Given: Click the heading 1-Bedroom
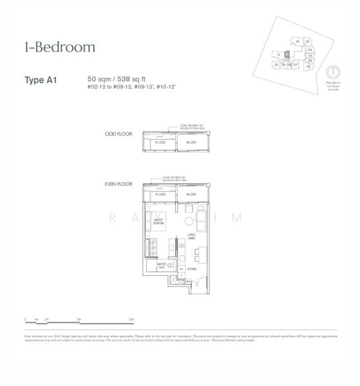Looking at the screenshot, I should [60, 47].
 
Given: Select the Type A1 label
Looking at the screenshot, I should [41, 80].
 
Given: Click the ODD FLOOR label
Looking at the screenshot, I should [118, 134].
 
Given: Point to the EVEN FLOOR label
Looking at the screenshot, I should [118, 184].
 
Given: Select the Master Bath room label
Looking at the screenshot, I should [162, 264].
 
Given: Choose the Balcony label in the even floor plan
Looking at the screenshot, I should [191, 194].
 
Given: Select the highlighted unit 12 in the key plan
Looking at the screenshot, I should [287, 55].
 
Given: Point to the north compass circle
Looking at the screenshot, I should [333, 72].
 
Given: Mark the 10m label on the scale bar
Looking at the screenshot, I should [131, 319].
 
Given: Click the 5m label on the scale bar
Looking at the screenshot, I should [78, 319].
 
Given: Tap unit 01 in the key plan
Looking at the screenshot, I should [298, 41].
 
